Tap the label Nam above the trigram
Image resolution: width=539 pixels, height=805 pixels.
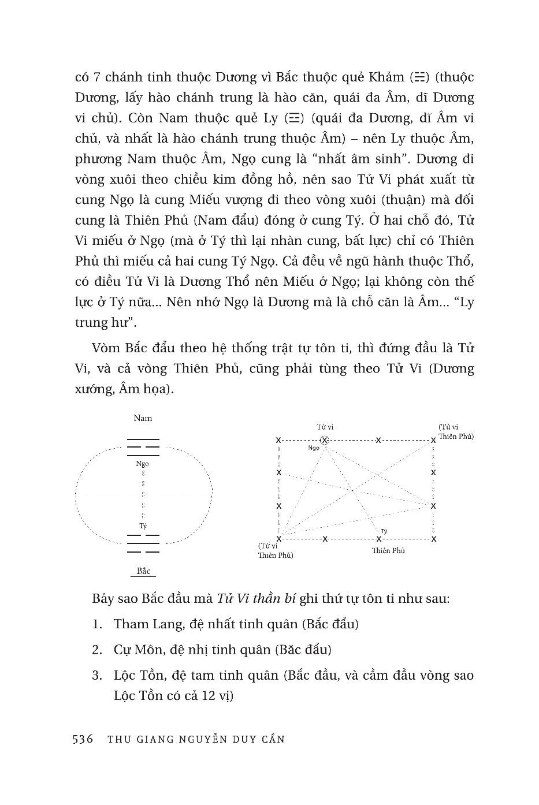143,418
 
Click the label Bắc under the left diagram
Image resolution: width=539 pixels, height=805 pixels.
143,571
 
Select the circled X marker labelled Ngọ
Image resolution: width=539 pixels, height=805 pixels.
325,440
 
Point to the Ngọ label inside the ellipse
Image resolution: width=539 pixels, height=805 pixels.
143,463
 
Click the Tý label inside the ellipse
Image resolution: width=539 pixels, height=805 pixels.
143,526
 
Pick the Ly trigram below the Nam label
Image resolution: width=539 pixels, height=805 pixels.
143,447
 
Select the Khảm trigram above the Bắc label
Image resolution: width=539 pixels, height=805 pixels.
143,544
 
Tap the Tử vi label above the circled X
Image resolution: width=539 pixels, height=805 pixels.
325,427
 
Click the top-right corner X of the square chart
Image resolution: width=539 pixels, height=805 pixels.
433,440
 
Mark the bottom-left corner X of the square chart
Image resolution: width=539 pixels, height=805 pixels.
278,539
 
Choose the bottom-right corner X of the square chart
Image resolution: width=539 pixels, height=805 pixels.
433,539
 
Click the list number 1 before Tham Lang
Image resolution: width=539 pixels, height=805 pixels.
96,624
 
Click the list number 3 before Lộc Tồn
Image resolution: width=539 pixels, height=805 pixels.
96,675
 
